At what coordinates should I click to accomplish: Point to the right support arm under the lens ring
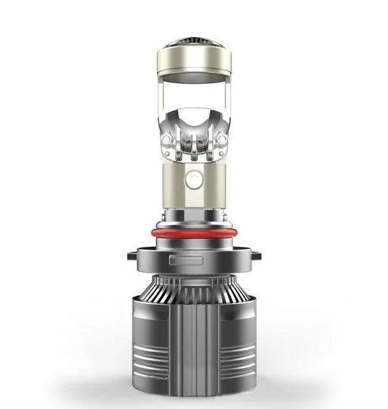(229, 106)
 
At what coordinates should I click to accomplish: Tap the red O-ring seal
(195, 234)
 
